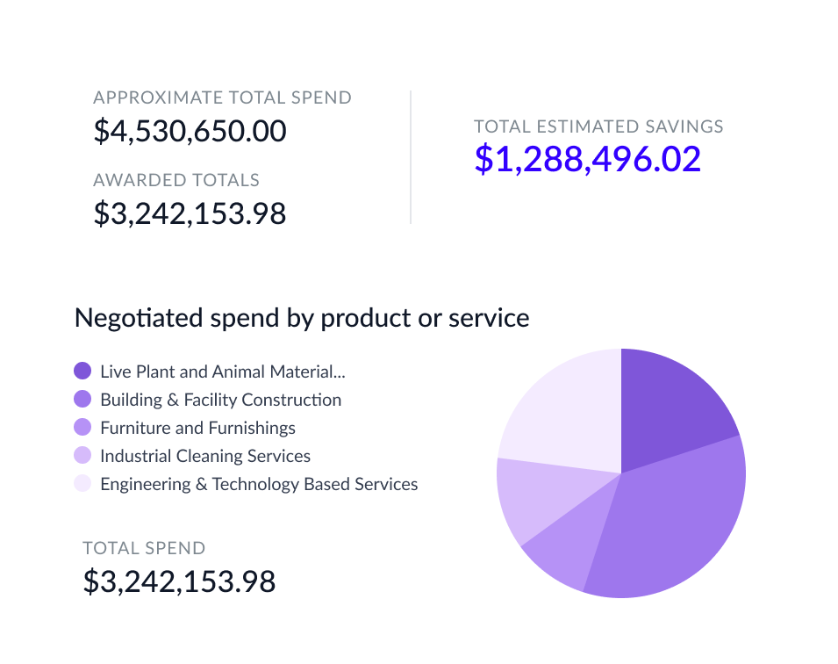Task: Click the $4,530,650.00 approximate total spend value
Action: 190,132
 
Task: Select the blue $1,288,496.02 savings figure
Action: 588,159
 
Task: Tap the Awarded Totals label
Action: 176,180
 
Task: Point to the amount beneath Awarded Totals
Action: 190,213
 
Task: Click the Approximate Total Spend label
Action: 222,97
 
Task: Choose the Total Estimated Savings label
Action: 598,126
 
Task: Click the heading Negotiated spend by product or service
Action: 302,318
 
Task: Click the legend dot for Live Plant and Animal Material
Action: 82,372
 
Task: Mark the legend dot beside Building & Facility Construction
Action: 82,400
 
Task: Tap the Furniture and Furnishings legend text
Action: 197,428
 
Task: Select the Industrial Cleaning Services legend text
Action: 205,456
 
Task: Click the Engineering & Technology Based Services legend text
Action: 259,484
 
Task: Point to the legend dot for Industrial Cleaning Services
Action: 82,456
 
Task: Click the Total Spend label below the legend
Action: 144,549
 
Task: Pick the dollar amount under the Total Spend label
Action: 179,581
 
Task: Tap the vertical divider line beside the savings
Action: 411,156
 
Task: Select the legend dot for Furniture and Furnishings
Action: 82,428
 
